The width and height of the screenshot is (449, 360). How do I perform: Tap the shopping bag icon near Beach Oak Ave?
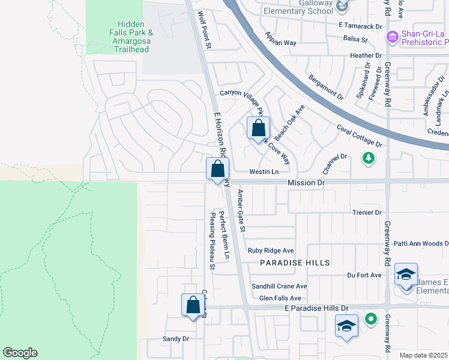258,128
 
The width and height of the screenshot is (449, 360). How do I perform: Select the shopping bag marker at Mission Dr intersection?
217,169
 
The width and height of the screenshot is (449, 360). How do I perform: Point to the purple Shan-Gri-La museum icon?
393,37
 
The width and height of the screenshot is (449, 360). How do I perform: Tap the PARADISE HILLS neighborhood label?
295,263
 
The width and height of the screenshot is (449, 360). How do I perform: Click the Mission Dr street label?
306,182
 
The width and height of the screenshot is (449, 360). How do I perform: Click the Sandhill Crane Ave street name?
279,286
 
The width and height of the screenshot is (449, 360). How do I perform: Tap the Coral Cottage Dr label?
359,136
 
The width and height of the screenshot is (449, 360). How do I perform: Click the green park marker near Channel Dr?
368,158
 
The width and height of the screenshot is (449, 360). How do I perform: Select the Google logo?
20,353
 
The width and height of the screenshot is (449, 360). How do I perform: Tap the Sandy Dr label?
176,339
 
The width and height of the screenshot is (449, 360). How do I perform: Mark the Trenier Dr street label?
366,212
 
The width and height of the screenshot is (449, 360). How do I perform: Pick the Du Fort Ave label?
364,275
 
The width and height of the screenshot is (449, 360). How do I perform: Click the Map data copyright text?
423,355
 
